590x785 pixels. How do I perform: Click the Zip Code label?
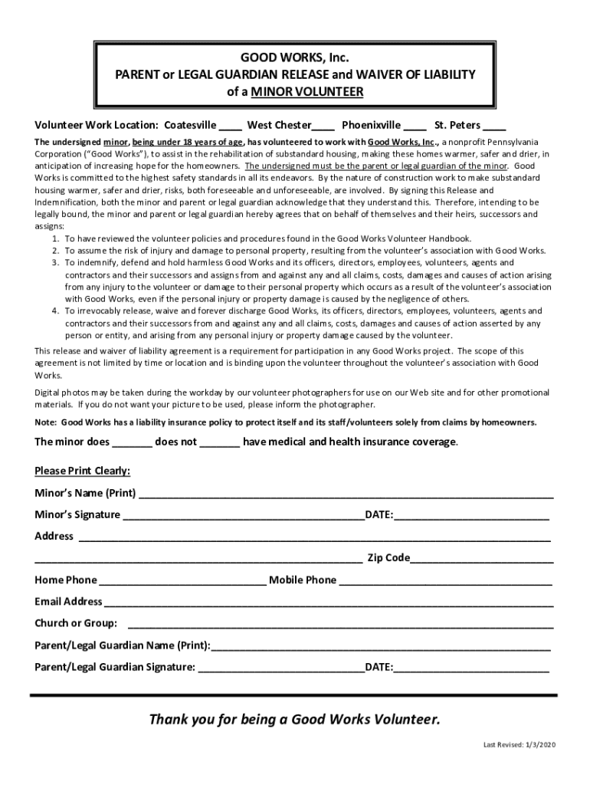388,558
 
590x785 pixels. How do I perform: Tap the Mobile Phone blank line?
445,581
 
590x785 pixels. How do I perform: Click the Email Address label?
68,602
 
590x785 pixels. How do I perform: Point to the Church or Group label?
76,623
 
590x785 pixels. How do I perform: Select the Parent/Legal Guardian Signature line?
281,668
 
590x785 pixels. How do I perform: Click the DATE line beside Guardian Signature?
471,668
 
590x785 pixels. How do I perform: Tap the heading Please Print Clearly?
82,470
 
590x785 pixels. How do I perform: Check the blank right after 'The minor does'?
133,443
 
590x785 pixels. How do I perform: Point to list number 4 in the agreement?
56,311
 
